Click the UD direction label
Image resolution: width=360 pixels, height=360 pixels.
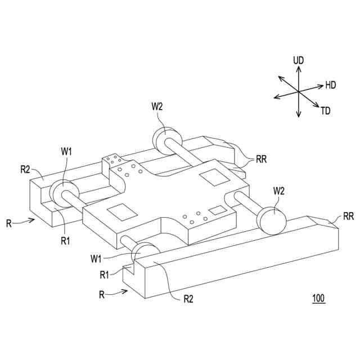[298, 59]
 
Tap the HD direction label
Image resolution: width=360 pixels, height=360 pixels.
[330, 85]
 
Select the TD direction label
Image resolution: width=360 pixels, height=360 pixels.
[326, 111]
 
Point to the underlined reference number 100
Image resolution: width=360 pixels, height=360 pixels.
[318, 299]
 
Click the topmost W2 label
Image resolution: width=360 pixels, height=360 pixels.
[158, 106]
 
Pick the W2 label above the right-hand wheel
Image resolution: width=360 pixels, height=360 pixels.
[279, 191]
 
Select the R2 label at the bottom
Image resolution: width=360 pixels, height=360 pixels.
[189, 299]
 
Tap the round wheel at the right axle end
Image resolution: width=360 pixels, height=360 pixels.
[272, 220]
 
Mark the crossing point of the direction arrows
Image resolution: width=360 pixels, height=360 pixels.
[298, 92]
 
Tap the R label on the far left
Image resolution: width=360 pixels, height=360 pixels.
[8, 223]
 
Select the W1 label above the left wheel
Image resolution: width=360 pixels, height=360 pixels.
[67, 151]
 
